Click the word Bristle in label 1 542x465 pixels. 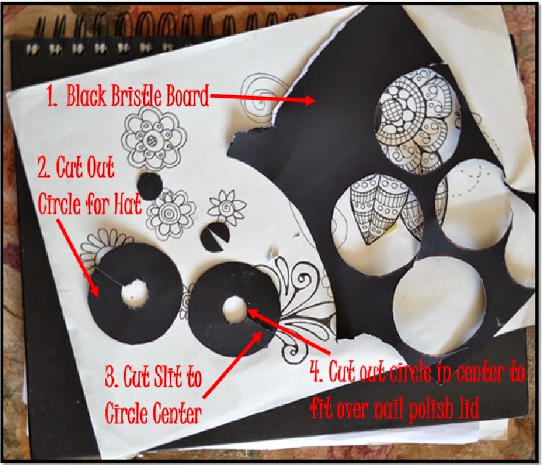136,95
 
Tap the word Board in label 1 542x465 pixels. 187,95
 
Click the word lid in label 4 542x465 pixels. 469,408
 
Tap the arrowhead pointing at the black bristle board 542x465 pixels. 309,100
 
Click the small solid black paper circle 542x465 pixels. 150,186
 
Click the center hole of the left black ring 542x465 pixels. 134,294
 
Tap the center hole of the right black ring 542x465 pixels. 234,309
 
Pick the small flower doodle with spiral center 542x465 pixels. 227,208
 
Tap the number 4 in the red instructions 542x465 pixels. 315,371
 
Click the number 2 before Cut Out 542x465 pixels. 44,168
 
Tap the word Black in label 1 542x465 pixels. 86,95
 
